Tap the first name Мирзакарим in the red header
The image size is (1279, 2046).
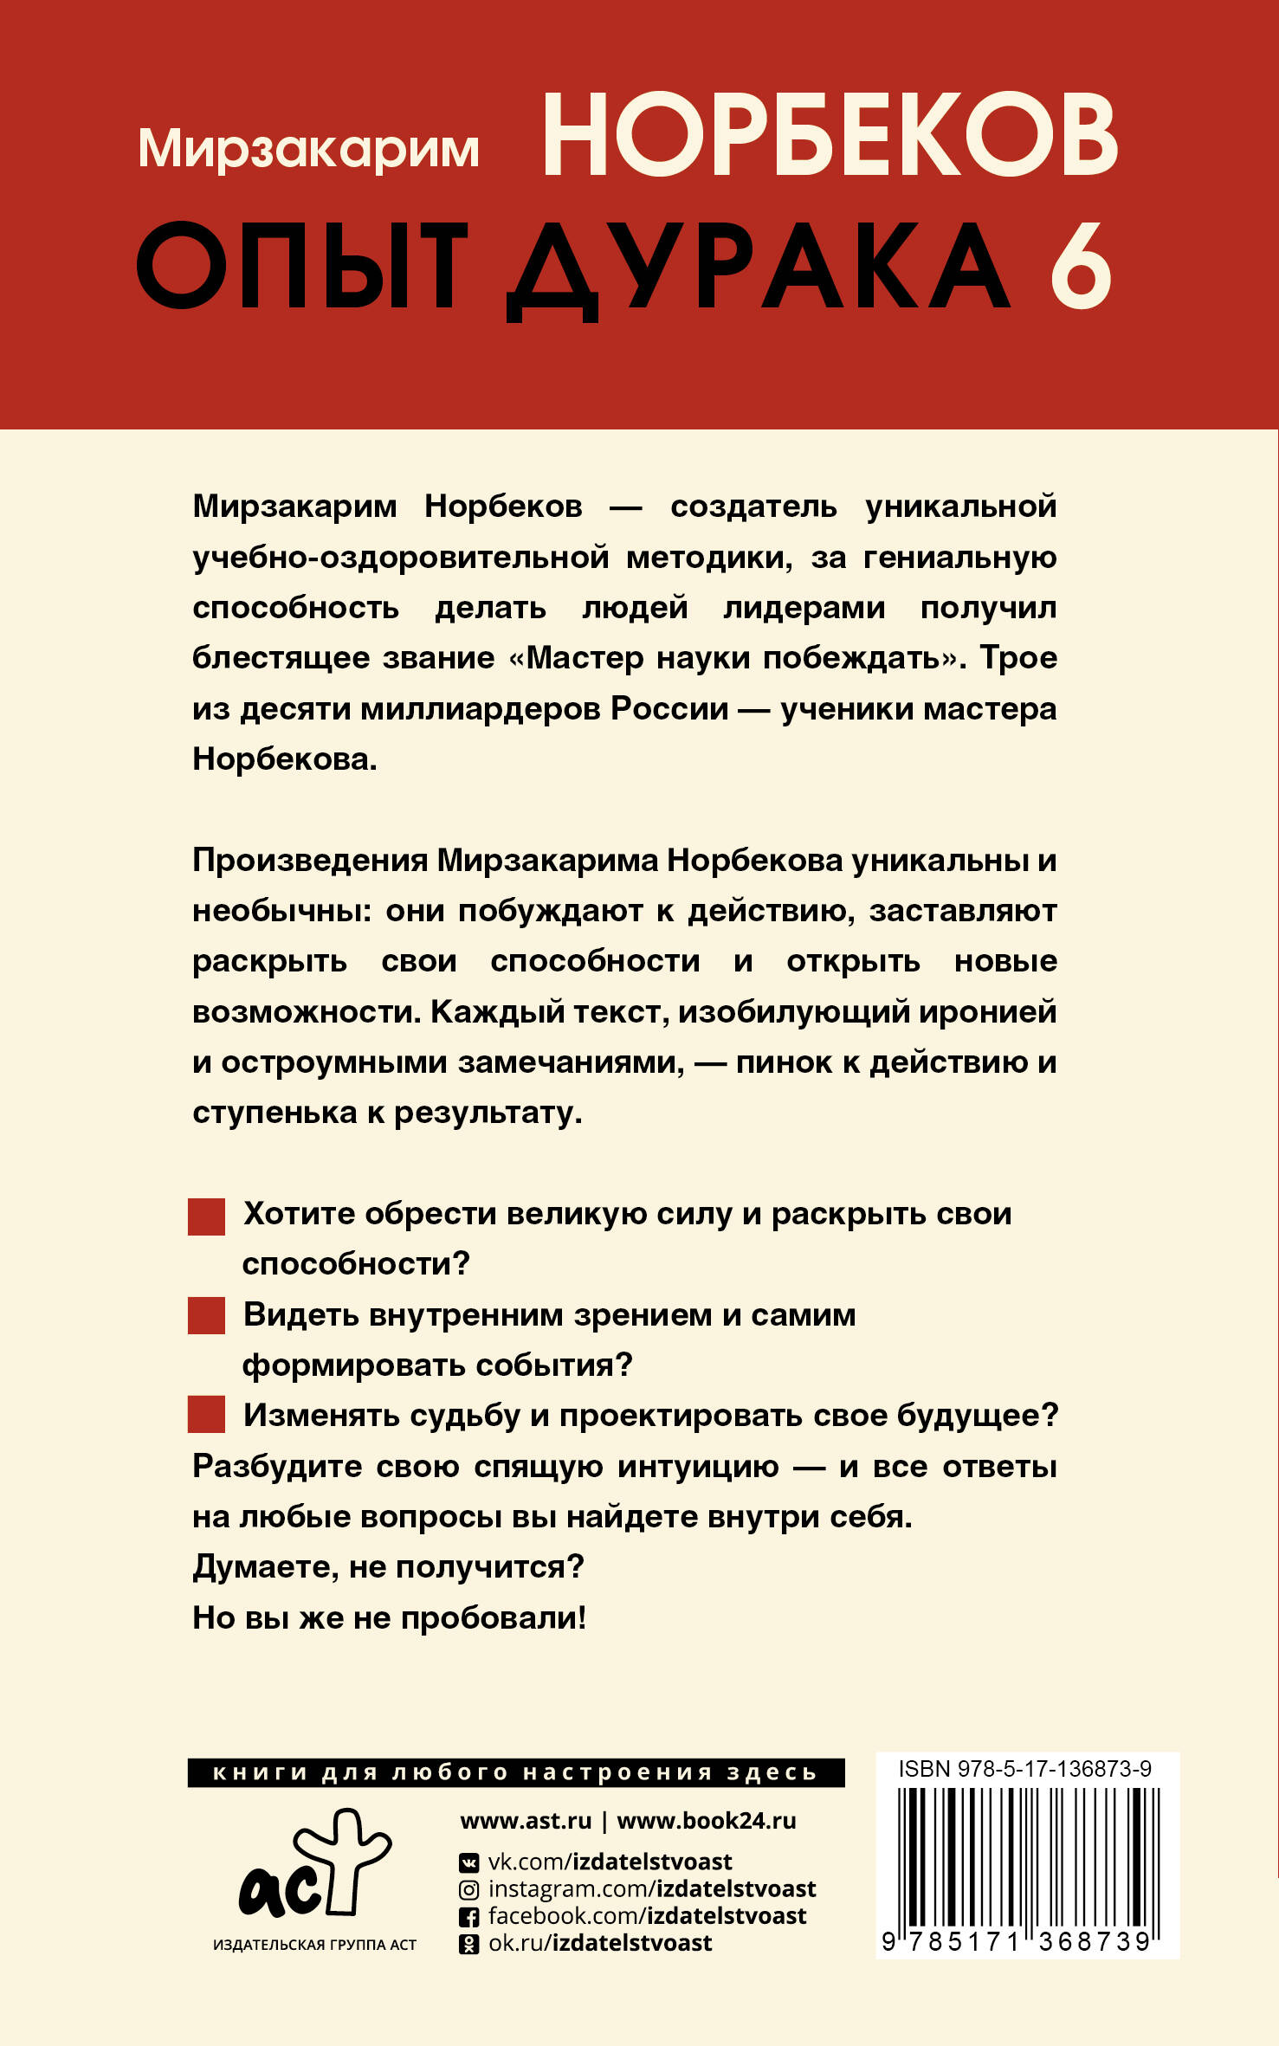coord(308,148)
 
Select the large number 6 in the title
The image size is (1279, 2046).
coord(1082,266)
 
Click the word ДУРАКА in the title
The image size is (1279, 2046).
coord(759,268)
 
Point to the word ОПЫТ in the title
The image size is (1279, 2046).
coord(302,266)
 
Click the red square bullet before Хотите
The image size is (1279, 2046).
coord(206,1217)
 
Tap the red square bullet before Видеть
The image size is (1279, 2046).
coord(206,1316)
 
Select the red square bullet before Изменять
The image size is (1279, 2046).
coord(206,1415)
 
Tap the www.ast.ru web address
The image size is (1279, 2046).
coord(526,1821)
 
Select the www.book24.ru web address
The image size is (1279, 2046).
coord(706,1821)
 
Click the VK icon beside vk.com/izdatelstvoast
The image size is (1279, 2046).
coord(468,1862)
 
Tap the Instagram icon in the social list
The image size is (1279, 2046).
coord(468,1890)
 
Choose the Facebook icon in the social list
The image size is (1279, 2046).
coord(468,1917)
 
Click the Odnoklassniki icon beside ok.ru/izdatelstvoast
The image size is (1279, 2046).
coord(468,1945)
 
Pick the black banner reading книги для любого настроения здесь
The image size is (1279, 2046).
coord(515,1772)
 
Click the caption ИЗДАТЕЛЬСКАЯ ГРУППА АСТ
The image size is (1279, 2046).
coord(314,1945)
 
